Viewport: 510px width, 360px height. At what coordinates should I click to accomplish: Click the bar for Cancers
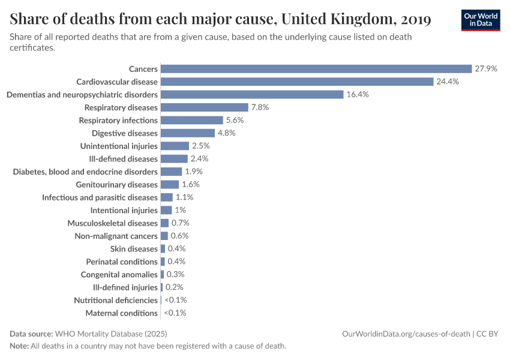pyautogui.click(x=316, y=69)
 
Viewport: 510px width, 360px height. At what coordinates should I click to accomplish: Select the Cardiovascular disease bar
pyautogui.click(x=297, y=82)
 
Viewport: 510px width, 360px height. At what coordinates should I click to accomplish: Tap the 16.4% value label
pyautogui.click(x=357, y=95)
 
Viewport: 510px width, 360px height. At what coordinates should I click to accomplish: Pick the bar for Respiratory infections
pyautogui.click(x=192, y=120)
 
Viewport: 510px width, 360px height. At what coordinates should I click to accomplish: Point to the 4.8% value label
pyautogui.click(x=226, y=133)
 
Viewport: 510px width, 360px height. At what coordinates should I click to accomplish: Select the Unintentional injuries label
pyautogui.click(x=119, y=146)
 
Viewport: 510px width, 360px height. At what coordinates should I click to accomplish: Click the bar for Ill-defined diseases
pyautogui.click(x=174, y=159)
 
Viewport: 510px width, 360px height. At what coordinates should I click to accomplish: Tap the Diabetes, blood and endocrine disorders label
pyautogui.click(x=85, y=172)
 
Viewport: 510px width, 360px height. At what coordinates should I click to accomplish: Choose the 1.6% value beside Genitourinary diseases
pyautogui.click(x=190, y=185)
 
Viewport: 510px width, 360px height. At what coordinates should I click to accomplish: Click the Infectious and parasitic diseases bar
pyautogui.click(x=167, y=197)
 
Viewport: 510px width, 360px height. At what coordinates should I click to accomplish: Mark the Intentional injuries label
pyautogui.click(x=124, y=211)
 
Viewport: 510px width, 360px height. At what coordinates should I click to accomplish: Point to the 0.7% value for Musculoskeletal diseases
pyautogui.click(x=180, y=223)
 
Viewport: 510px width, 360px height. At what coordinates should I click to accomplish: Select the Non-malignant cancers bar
pyautogui.click(x=164, y=236)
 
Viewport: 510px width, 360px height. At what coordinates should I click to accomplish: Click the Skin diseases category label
pyautogui.click(x=134, y=249)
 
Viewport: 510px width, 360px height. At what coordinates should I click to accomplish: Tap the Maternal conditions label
pyautogui.click(x=121, y=313)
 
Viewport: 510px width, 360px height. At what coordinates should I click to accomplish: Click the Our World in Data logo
pyautogui.click(x=481, y=20)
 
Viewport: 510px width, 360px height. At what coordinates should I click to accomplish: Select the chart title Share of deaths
pyautogui.click(x=220, y=19)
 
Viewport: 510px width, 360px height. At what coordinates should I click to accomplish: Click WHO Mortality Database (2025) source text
pyautogui.click(x=110, y=334)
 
